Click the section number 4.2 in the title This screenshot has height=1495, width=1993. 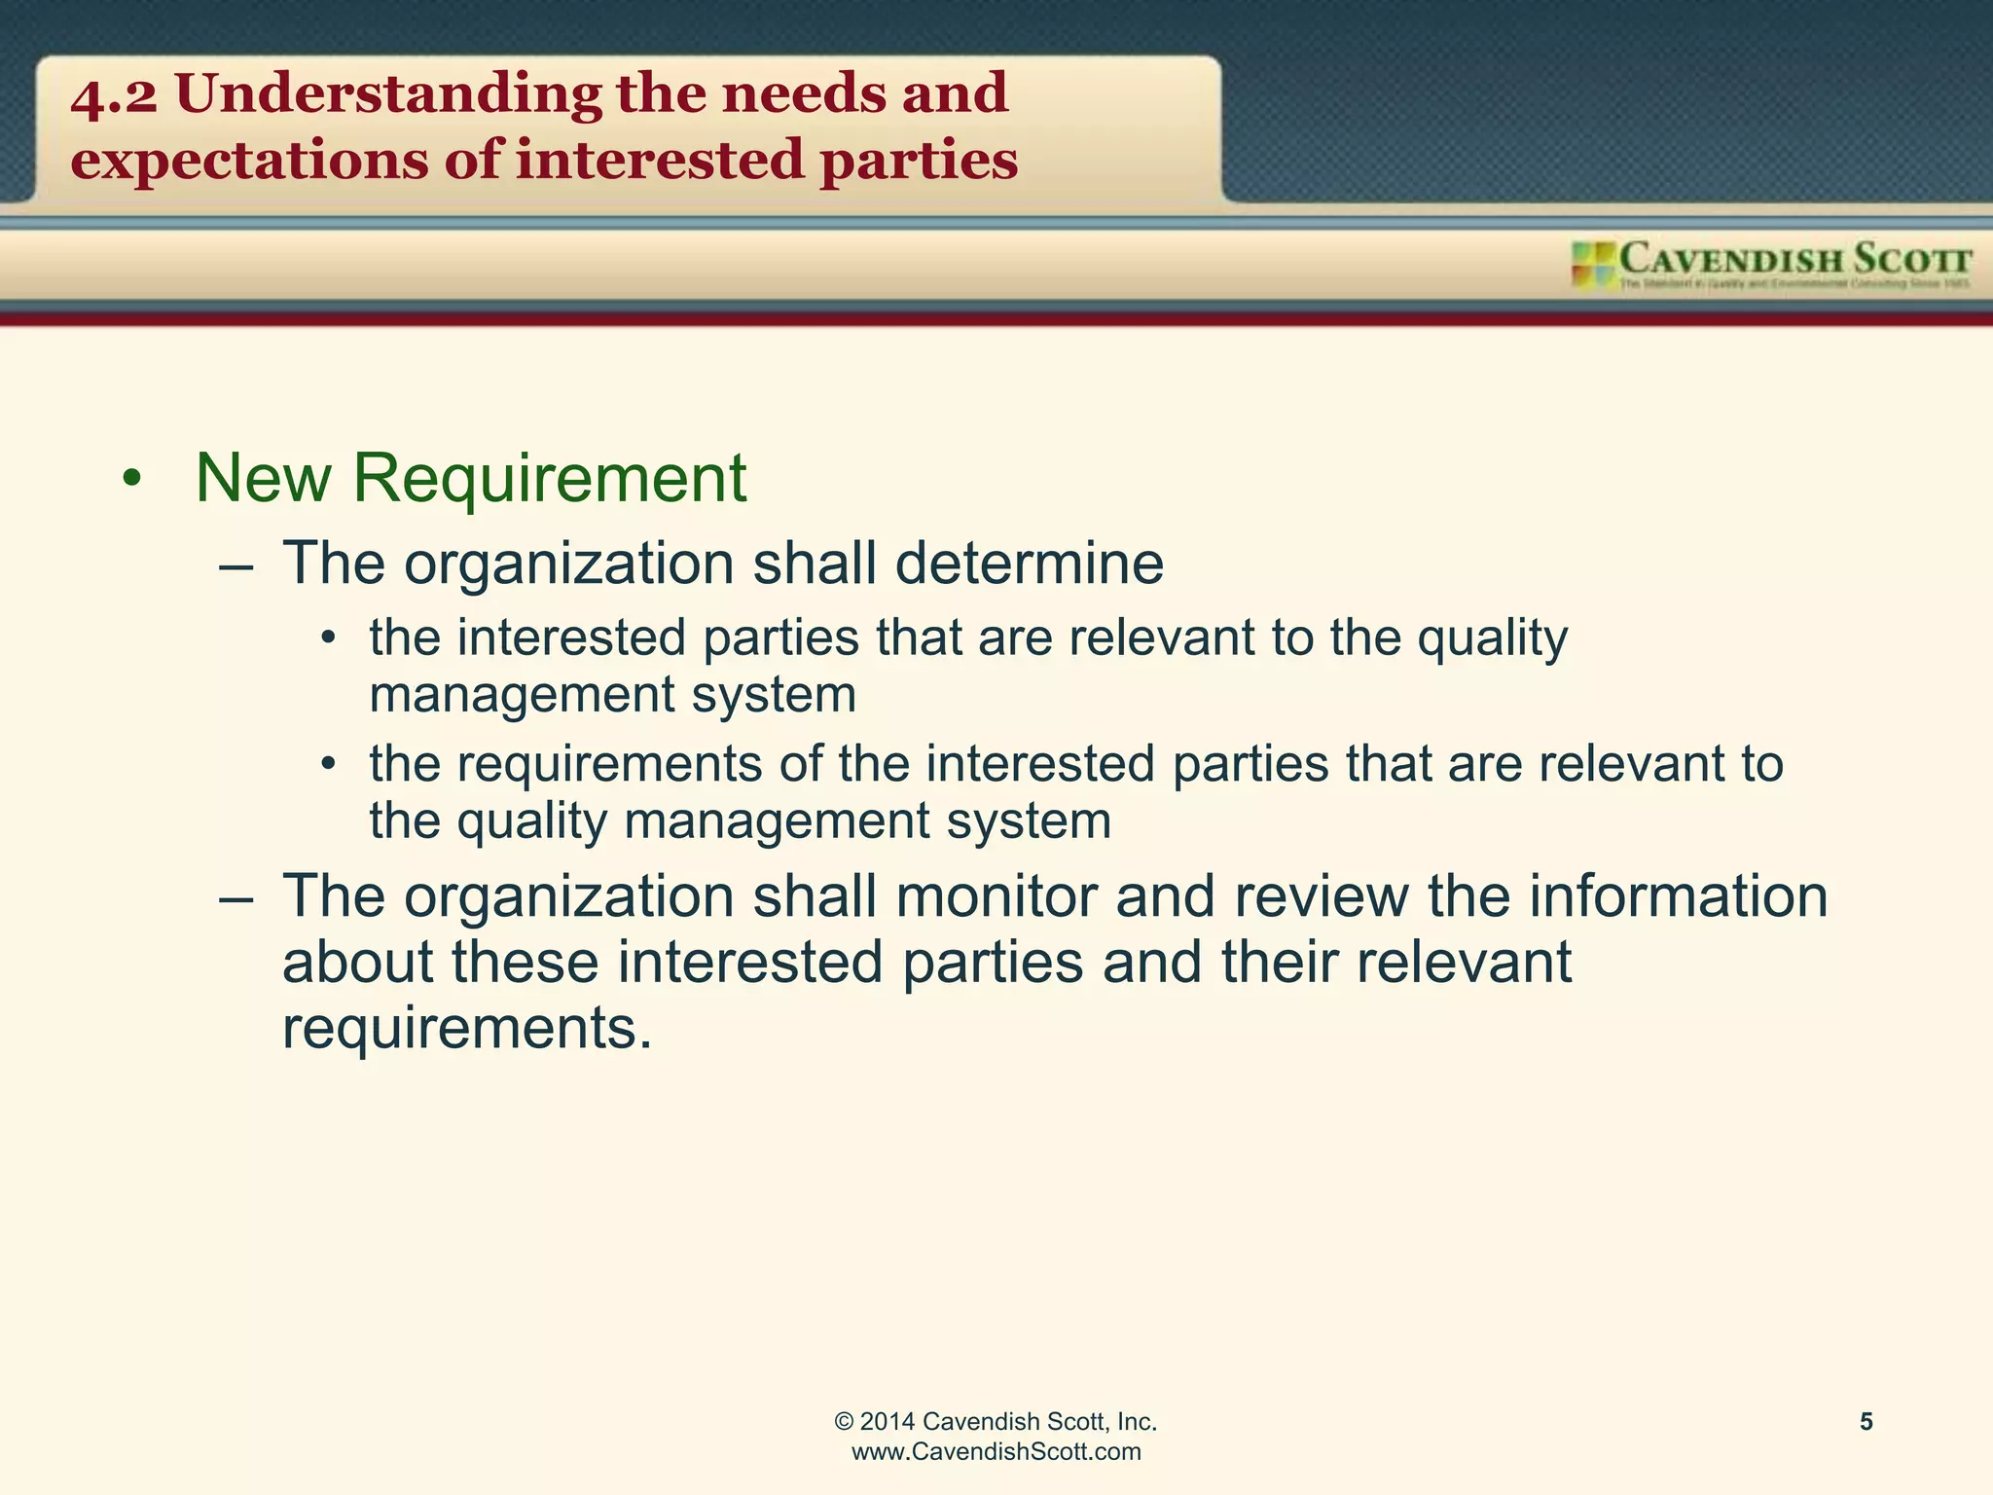[114, 95]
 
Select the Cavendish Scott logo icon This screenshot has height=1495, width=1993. [1593, 265]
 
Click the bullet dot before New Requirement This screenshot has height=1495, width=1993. [132, 479]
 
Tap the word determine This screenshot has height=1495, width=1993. [1030, 564]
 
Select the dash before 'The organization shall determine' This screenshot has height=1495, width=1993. [236, 565]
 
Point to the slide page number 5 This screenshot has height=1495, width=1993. [1866, 1422]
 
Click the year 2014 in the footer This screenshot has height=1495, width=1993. [887, 1422]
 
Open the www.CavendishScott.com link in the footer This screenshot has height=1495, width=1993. [996, 1452]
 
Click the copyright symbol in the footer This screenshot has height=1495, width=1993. [844, 1422]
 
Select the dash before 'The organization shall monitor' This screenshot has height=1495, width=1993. [236, 897]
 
